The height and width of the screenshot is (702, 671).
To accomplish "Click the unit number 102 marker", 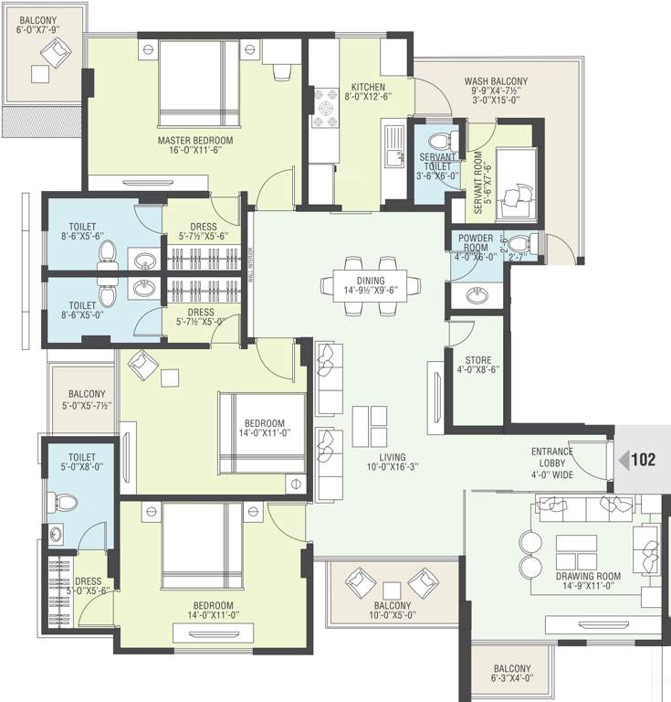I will tap(642, 460).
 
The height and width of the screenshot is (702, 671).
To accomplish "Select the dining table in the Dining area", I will tap(371, 283).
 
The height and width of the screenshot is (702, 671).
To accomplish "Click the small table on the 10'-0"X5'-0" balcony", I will tap(393, 589).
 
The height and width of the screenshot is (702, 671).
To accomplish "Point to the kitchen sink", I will tap(393, 156).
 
